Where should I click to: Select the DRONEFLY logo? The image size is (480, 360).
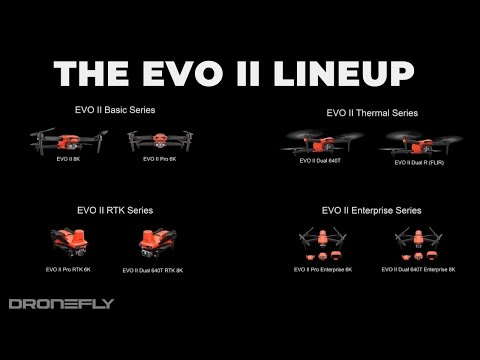click(x=61, y=304)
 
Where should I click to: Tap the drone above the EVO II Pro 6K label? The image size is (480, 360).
click(x=160, y=141)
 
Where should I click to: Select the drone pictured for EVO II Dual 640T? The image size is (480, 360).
click(x=318, y=144)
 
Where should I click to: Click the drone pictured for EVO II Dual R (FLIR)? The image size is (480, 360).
click(x=413, y=145)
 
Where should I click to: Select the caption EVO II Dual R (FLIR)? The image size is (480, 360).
click(x=415, y=163)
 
